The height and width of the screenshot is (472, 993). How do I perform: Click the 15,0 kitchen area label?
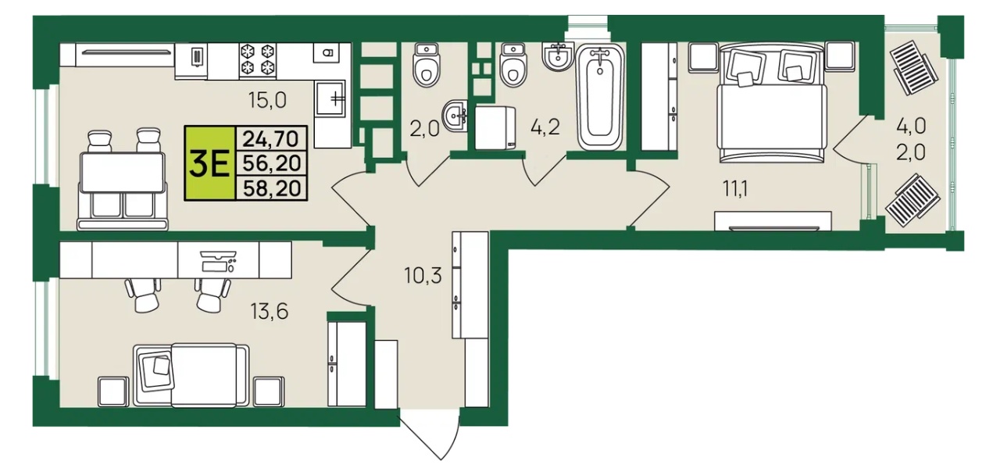tap(267, 101)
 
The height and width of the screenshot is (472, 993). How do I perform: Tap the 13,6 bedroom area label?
tap(269, 311)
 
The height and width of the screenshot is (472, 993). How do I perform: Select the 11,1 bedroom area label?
tap(735, 189)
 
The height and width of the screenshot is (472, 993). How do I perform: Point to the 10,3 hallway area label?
tap(423, 276)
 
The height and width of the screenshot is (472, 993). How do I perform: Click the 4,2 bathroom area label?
tap(545, 127)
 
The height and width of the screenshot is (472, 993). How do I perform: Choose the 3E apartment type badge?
tap(209, 163)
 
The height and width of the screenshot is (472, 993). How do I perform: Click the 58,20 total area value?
tap(272, 188)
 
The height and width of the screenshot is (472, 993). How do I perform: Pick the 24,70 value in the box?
tap(271, 139)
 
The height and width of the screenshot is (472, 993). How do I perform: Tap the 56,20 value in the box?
tap(272, 163)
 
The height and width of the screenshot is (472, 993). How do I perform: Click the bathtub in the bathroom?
tap(600, 97)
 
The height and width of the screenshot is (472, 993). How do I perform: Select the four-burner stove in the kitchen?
tap(258, 60)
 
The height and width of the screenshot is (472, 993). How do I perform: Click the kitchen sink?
tap(330, 98)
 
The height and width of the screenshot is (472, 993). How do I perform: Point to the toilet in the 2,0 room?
tap(427, 65)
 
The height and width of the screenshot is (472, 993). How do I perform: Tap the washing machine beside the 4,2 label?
tap(495, 127)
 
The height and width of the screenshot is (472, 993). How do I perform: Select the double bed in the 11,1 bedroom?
tap(772, 103)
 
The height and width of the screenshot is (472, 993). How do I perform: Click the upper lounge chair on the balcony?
tap(913, 67)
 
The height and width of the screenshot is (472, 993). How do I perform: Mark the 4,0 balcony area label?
tap(911, 127)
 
